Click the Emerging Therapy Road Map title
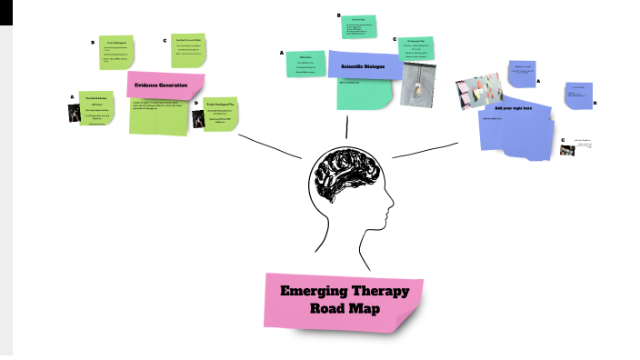(x=345, y=301)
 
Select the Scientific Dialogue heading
(x=363, y=67)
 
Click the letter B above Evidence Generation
(x=93, y=42)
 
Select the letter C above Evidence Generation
(x=165, y=40)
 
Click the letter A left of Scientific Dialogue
(x=282, y=53)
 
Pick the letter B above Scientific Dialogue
(x=338, y=15)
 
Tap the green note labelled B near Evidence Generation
(x=116, y=52)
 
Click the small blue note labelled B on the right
(x=576, y=95)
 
